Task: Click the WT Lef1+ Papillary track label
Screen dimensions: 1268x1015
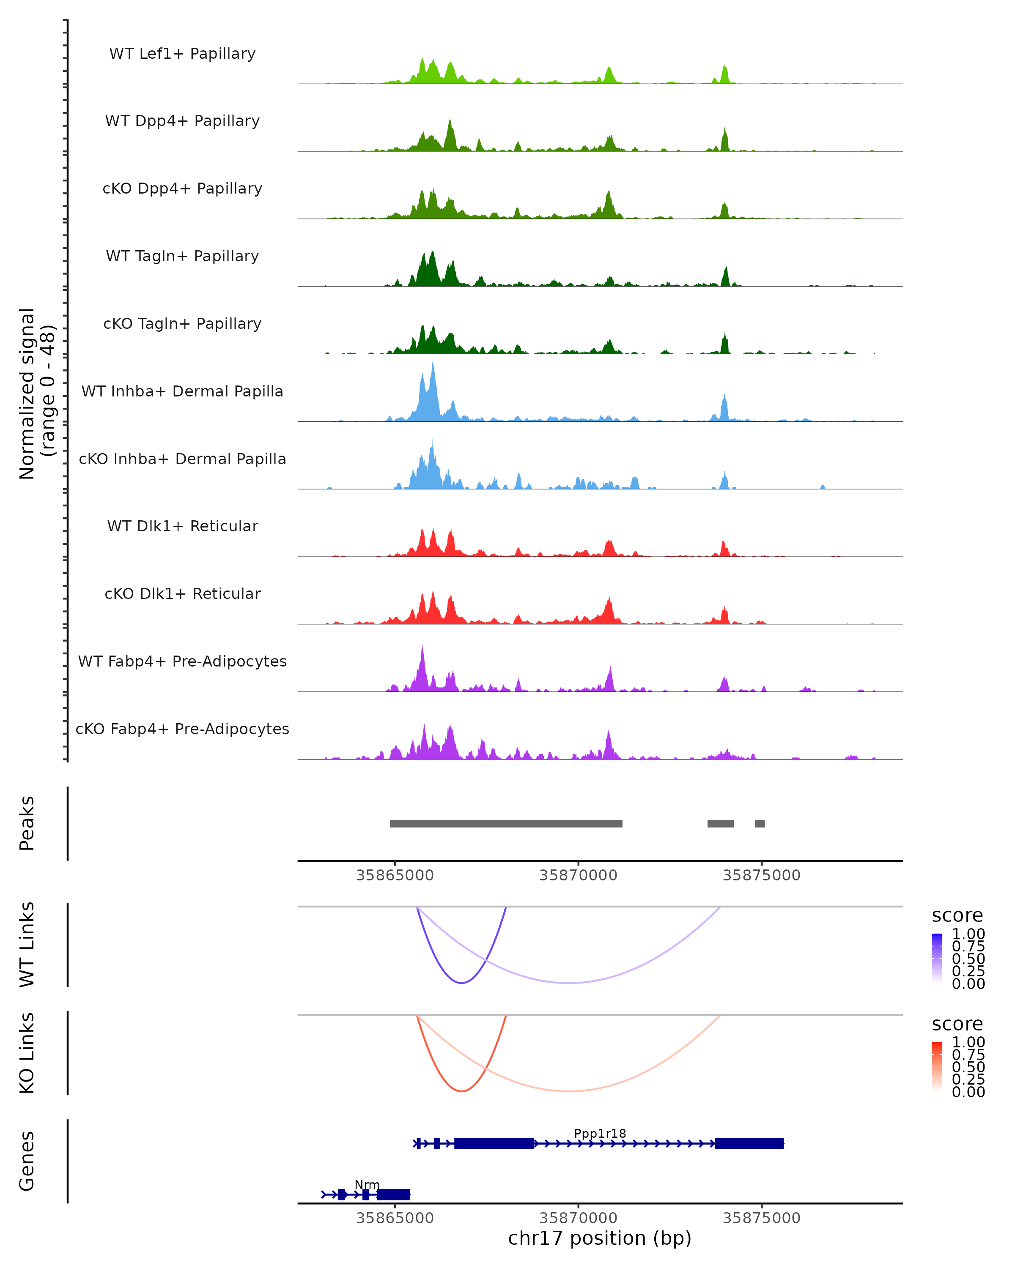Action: [x=182, y=54]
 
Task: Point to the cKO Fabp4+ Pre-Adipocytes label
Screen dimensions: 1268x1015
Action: [x=182, y=729]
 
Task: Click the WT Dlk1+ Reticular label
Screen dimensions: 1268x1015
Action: [x=182, y=526]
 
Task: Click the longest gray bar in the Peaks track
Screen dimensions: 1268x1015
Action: [x=506, y=823]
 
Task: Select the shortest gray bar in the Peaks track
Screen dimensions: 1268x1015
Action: [x=760, y=823]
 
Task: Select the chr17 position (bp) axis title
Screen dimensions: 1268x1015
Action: [x=600, y=1238]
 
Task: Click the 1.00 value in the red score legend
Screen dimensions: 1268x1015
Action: [x=968, y=1042]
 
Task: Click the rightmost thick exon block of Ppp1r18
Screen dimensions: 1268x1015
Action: [x=749, y=1143]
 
